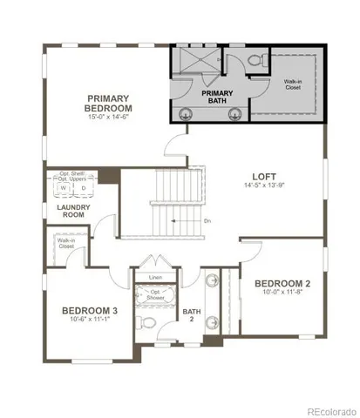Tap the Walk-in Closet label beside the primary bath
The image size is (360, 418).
coord(292,84)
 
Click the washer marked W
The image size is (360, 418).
coord(63,187)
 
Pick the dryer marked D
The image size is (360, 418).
coord(83,187)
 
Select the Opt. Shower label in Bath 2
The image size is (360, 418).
coord(155,294)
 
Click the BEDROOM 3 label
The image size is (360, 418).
coord(91,310)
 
